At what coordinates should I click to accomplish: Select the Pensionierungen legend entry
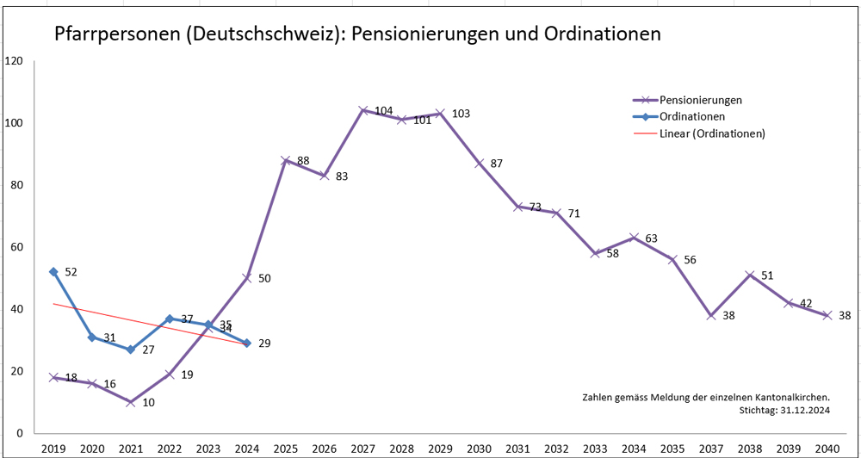(x=699, y=100)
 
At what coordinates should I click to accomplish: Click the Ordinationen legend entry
(x=691, y=116)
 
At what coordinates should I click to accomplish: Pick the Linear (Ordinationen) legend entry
(x=712, y=133)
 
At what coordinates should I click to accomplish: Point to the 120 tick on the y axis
(x=14, y=61)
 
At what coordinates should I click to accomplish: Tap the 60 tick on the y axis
(x=16, y=247)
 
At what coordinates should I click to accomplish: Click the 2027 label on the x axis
(x=363, y=449)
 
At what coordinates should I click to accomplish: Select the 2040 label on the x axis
(x=827, y=449)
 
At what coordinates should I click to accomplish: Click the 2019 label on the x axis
(x=53, y=449)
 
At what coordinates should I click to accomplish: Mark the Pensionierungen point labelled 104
(x=363, y=110)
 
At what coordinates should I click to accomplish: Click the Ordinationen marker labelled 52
(x=53, y=271)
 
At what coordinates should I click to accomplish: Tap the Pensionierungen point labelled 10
(x=130, y=402)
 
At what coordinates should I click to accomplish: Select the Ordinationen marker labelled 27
(x=130, y=350)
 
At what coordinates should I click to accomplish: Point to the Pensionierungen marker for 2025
(x=285, y=160)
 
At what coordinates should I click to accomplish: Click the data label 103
(x=461, y=114)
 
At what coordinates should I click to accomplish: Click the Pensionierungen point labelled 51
(x=749, y=275)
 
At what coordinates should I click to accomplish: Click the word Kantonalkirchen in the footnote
(x=786, y=397)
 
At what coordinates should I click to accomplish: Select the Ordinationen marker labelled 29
(x=247, y=343)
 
